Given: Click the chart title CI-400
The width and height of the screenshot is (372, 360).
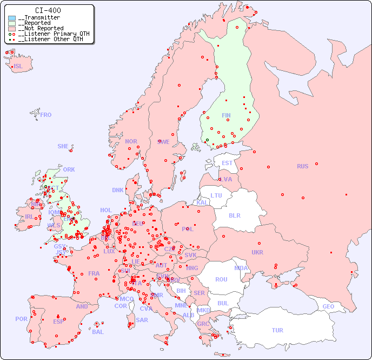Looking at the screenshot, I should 48,10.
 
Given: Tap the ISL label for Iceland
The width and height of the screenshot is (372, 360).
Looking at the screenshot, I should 18,67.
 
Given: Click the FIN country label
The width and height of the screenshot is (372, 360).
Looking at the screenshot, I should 226,115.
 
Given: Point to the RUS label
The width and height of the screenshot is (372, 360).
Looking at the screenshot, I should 302,166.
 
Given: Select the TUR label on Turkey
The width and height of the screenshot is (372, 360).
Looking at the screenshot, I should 277,330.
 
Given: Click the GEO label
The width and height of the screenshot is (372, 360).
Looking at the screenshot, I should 328,306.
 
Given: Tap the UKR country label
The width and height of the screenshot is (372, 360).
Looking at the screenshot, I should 257,252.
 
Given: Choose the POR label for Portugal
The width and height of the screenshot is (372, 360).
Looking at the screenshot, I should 21,319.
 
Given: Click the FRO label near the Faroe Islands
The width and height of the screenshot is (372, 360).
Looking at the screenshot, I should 46,115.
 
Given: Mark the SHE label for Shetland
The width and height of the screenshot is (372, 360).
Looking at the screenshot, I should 63,146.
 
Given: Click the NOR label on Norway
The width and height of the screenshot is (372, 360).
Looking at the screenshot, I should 131,141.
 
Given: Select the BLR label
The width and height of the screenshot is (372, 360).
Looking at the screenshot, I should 234,215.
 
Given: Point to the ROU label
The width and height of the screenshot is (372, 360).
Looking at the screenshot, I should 221,279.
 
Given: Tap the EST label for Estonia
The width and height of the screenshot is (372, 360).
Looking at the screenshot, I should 227,163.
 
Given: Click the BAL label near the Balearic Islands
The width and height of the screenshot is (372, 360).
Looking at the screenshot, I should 97,332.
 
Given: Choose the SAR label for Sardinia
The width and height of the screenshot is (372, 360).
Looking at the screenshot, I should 142,320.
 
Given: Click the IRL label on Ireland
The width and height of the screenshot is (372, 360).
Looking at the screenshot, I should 29,217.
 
